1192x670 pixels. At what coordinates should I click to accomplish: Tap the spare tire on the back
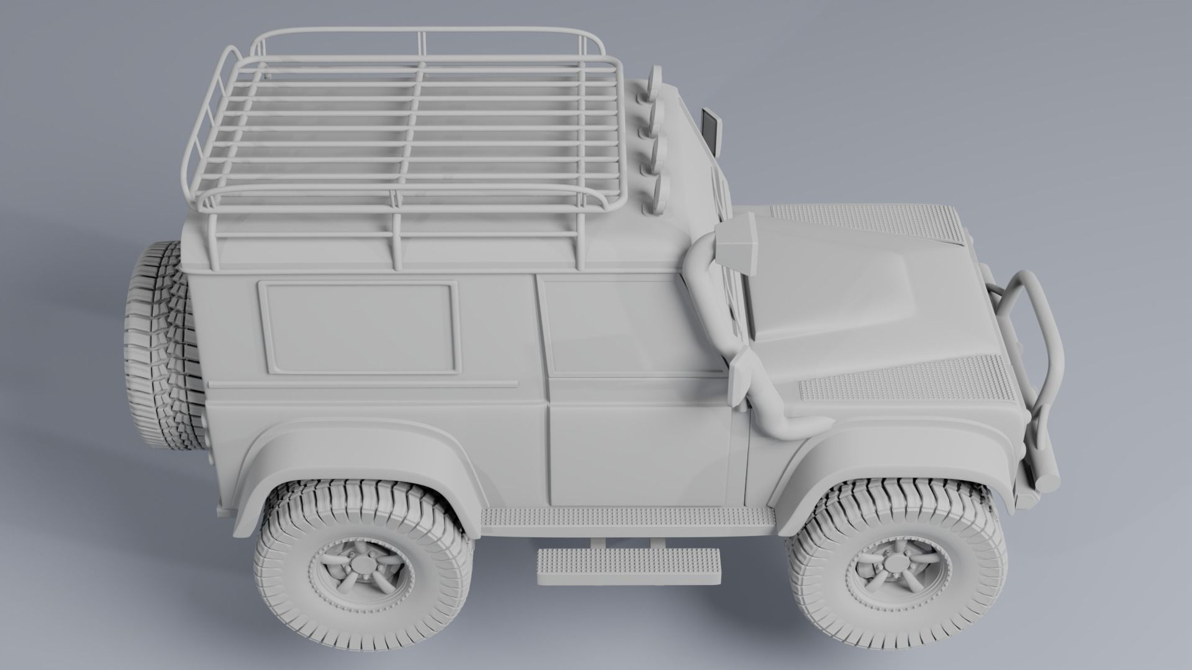(x=163, y=347)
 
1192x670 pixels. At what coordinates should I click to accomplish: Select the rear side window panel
(x=359, y=327)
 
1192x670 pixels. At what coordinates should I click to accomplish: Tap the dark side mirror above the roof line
(x=710, y=131)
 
